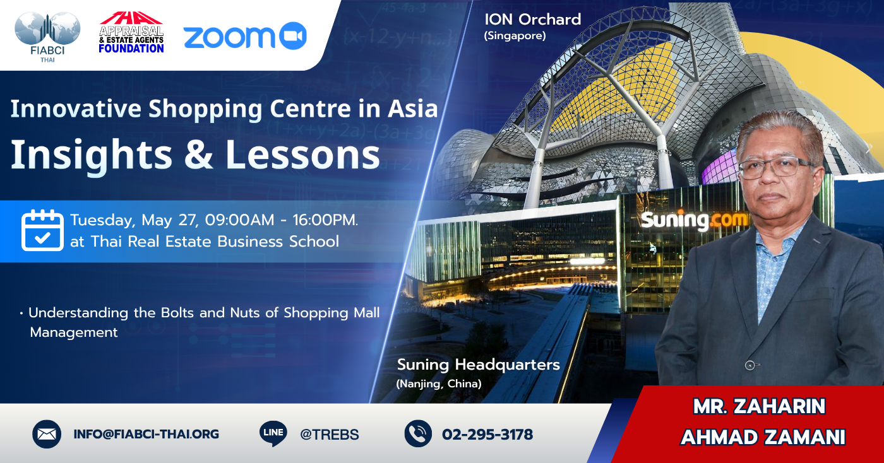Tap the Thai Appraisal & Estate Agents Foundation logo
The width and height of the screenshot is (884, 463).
[x=131, y=32]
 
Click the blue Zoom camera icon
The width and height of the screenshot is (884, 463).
[x=293, y=36]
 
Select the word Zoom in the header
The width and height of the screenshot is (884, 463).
[x=229, y=37]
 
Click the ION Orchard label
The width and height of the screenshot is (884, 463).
[x=533, y=20]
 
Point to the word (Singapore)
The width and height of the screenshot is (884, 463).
[x=515, y=36]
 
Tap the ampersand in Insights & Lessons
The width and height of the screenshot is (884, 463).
[x=198, y=154]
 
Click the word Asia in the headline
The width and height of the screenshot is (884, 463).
[x=413, y=108]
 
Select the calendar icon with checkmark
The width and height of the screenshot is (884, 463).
[x=43, y=230]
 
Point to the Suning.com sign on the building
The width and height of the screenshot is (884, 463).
[x=694, y=220]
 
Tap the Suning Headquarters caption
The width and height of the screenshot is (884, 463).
[x=479, y=365]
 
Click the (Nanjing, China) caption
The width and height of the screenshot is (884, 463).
[x=439, y=384]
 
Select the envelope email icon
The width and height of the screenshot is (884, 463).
[x=47, y=434]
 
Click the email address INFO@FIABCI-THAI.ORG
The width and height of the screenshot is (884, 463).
[x=146, y=434]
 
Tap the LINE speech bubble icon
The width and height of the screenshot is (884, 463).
[x=273, y=433]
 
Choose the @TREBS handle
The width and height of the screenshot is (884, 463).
[x=330, y=435]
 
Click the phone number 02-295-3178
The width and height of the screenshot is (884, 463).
[x=487, y=435]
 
